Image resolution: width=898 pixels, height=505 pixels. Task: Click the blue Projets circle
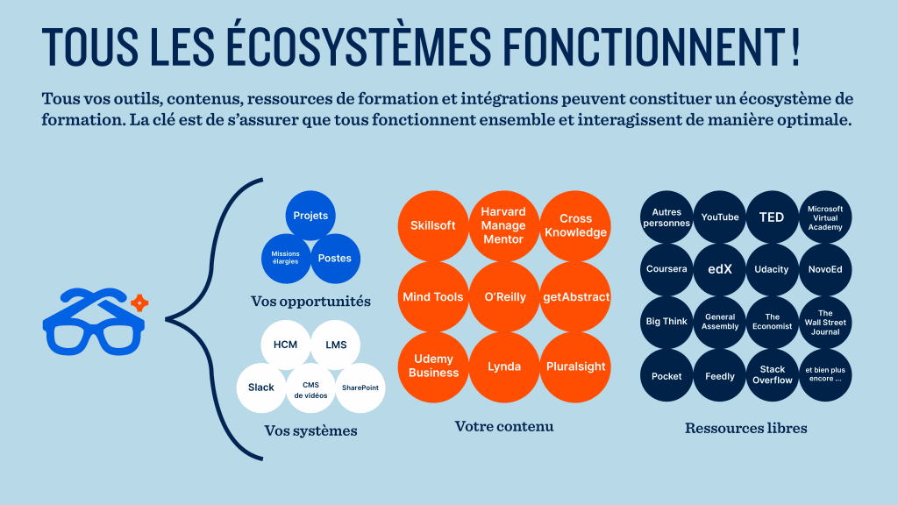tap(310, 216)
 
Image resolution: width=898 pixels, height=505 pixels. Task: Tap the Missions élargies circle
tap(286, 259)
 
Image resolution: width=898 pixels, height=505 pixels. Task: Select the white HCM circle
tap(285, 345)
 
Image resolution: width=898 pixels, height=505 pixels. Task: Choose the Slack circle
tap(261, 388)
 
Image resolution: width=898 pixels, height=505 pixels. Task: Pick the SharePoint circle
tap(360, 388)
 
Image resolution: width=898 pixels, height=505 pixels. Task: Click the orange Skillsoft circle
tap(433, 225)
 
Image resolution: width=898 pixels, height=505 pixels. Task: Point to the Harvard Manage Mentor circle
tap(504, 225)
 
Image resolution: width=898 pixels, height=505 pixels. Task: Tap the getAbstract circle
tap(575, 296)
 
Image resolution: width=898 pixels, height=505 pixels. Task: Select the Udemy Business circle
tap(433, 367)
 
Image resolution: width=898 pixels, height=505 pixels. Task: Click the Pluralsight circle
tap(575, 367)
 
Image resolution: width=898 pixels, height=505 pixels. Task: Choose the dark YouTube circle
tap(720, 217)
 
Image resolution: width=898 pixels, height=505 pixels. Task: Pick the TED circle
tap(772, 217)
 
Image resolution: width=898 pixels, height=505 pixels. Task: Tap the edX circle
tap(720, 270)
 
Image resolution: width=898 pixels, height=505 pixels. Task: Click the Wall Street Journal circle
tap(825, 323)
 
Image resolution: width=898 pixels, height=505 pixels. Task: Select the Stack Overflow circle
tap(772, 375)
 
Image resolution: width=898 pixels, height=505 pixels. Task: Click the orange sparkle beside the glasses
tap(139, 302)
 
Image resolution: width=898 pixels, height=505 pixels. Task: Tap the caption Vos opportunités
tap(311, 302)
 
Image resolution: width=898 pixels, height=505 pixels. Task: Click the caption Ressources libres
tap(745, 428)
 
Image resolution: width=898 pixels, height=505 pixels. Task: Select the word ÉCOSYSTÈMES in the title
tap(359, 46)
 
